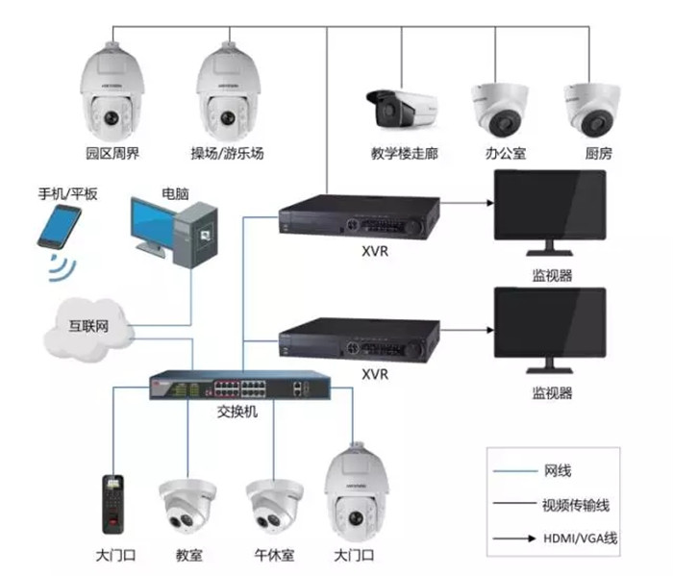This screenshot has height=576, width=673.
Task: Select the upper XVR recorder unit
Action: click(x=358, y=217)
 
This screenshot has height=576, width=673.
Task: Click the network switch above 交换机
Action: click(x=239, y=387)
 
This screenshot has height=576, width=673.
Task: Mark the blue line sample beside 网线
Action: click(x=514, y=471)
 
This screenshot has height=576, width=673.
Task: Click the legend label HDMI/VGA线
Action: click(x=580, y=537)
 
